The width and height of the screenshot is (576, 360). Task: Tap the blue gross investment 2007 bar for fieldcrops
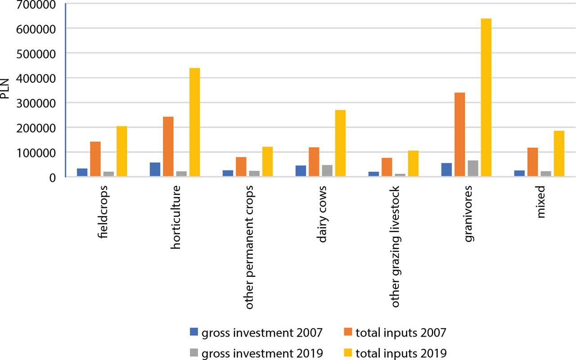tap(82, 173)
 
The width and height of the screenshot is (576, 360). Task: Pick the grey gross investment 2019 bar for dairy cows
tap(327, 171)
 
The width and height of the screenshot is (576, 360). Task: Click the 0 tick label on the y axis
tap(52, 177)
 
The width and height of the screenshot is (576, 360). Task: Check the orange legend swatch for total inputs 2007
tap(347, 333)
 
